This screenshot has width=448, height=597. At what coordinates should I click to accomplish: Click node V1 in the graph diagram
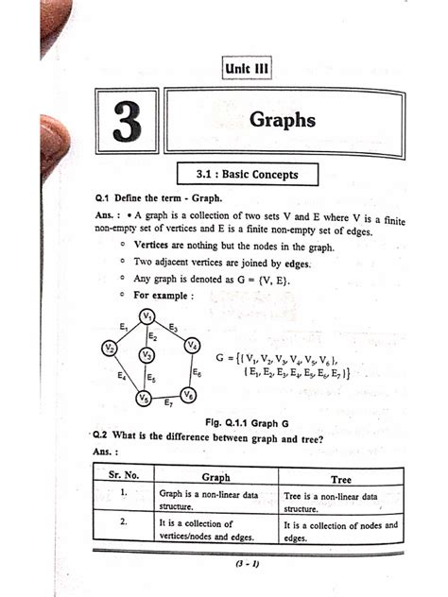(147, 316)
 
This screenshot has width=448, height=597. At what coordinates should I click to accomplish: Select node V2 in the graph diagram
(111, 349)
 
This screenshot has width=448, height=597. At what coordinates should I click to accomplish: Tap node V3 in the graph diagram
(146, 354)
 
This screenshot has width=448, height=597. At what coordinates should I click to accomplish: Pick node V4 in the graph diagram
(192, 346)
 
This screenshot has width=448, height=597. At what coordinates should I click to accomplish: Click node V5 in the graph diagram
(143, 399)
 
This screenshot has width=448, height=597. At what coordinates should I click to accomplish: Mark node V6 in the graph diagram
(189, 395)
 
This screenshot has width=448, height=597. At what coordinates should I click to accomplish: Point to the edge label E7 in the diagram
(167, 404)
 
